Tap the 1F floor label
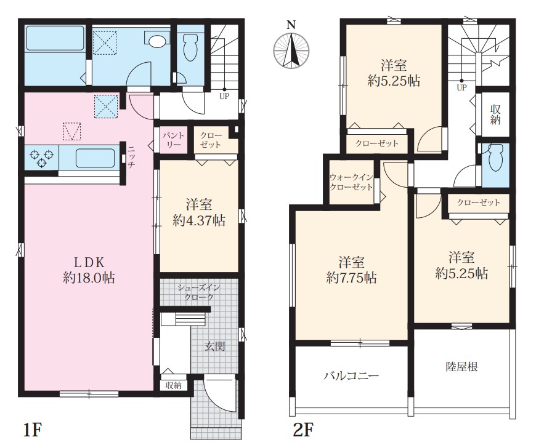[32, 430]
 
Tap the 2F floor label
[304, 430]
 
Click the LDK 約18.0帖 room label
[89, 270]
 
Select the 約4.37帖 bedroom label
[199, 212]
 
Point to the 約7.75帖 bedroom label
[351, 270]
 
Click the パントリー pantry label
[174, 140]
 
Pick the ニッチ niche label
[131, 157]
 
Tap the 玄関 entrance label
[215, 347]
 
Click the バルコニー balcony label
[351, 376]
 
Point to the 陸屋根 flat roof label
[462, 367]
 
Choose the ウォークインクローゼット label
[351, 182]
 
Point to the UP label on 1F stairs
[224, 97]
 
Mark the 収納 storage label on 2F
[495, 114]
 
